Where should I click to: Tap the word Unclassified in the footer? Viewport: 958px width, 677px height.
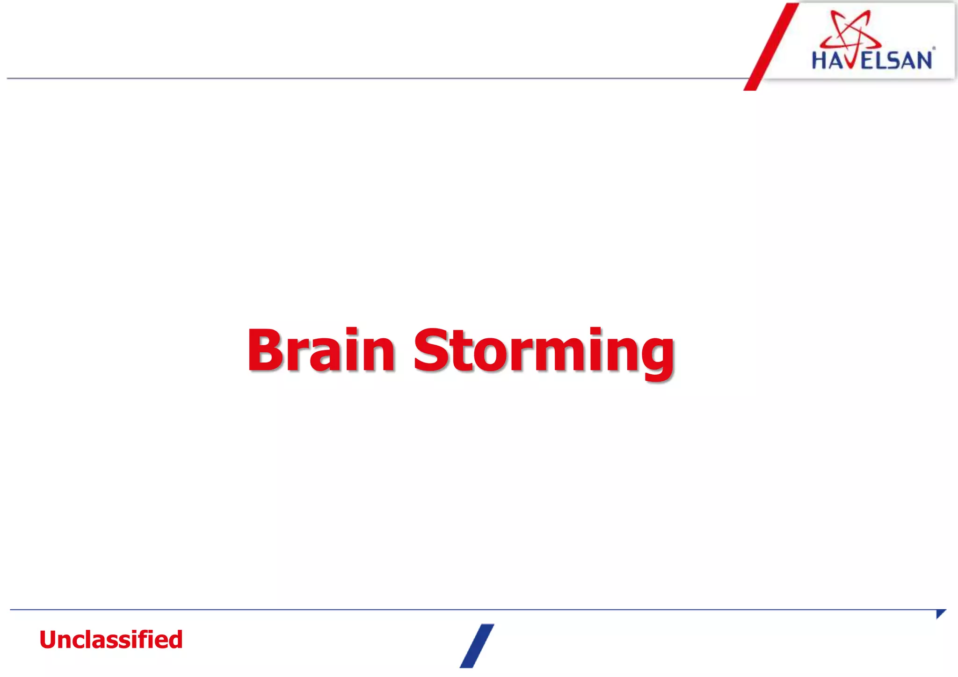click(x=111, y=640)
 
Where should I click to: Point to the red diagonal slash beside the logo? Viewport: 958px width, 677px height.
click(x=771, y=47)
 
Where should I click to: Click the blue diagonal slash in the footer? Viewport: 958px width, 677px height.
click(x=477, y=646)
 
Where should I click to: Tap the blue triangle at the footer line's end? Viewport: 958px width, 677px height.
click(x=940, y=613)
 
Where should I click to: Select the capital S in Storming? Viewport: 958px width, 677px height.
click(x=432, y=350)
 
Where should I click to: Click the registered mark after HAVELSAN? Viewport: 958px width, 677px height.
click(x=934, y=48)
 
